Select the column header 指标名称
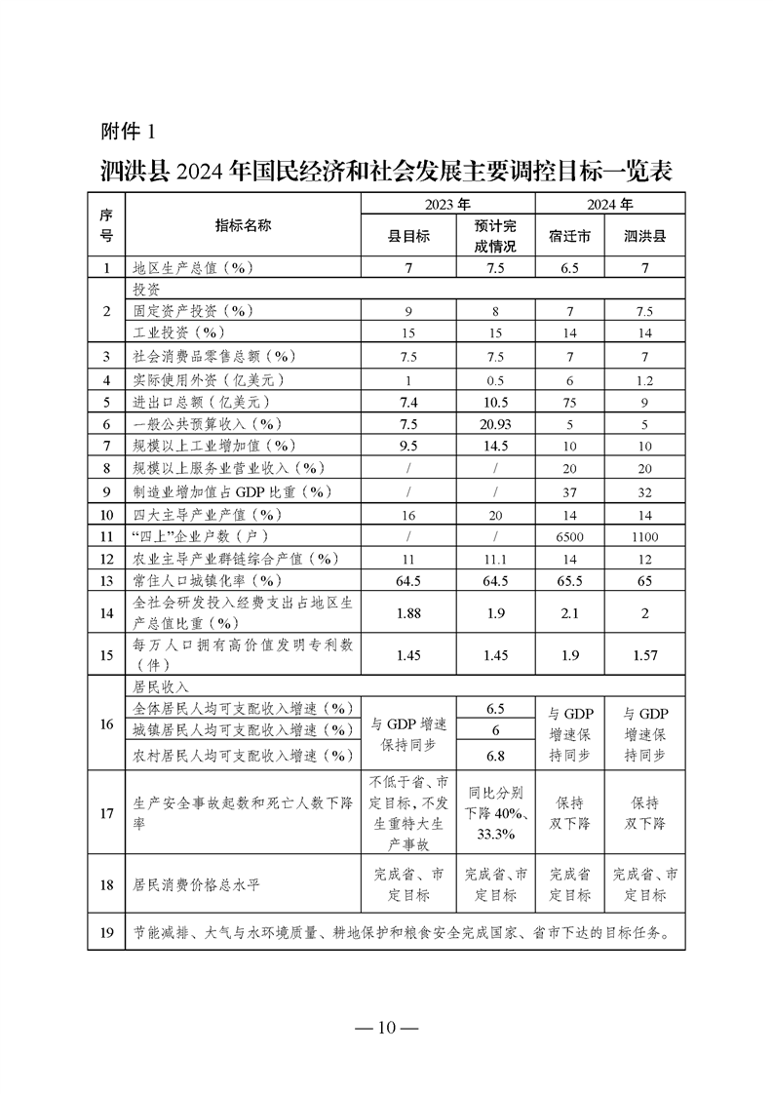click(243, 225)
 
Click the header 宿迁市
click(569, 236)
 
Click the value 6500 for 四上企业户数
click(569, 536)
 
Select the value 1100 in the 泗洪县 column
click(644, 536)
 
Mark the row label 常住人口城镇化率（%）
click(206, 581)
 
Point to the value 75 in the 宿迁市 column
click(569, 401)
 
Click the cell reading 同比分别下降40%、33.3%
click(495, 811)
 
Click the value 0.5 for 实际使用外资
click(495, 378)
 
